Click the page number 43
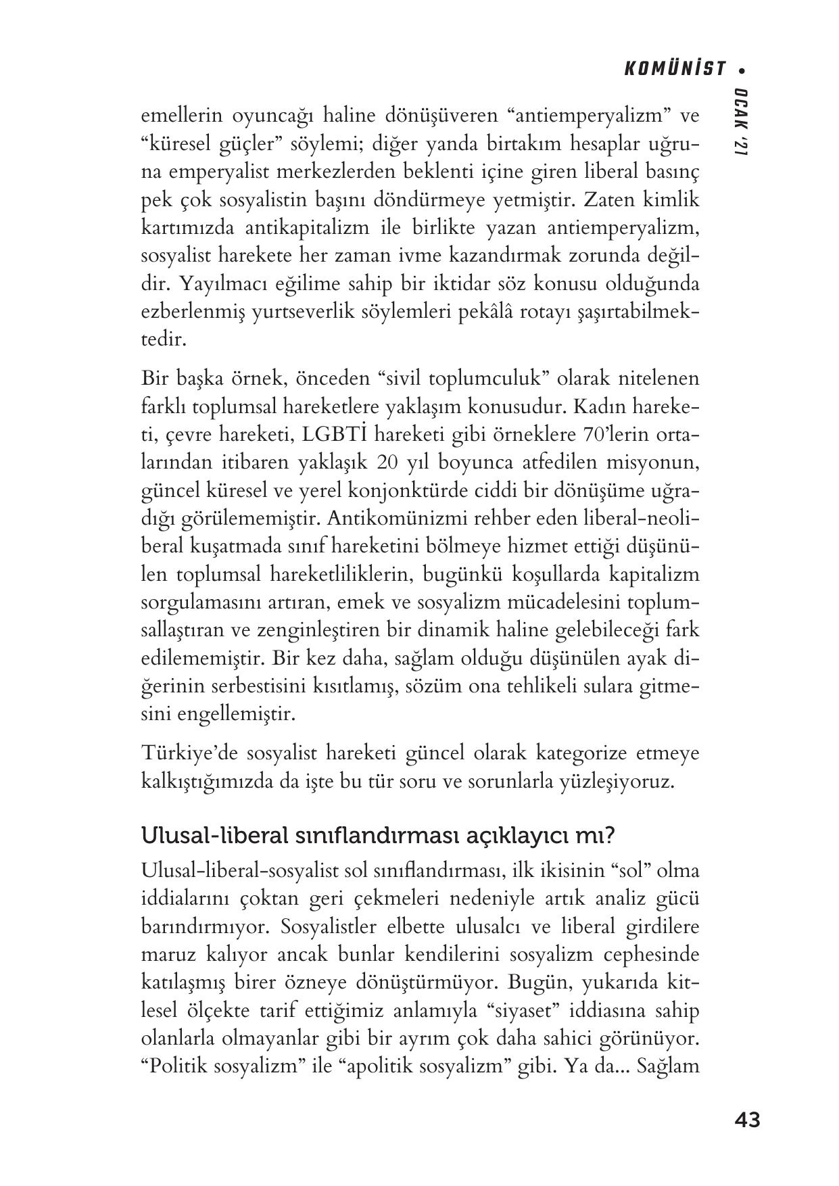pos(746,1120)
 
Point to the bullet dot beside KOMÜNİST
pos(742,70)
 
